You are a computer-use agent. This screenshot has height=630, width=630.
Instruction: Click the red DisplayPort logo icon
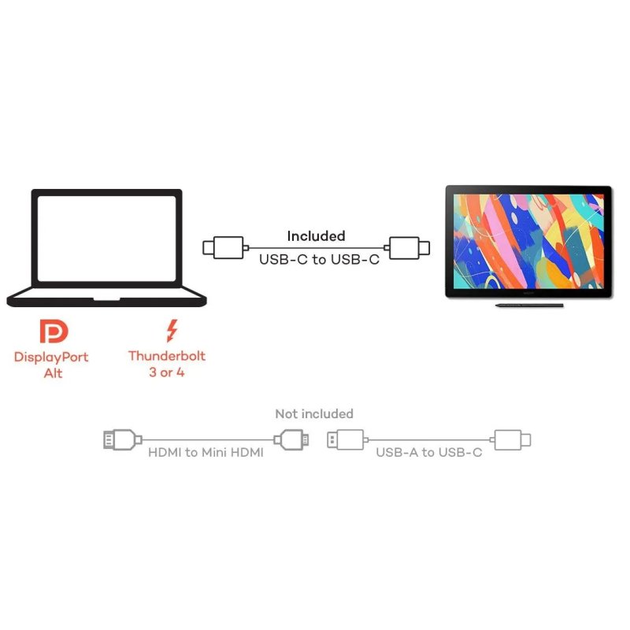(54, 332)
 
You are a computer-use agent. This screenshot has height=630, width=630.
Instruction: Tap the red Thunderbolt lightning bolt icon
(172, 331)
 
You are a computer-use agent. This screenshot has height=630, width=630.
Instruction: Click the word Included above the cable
(317, 235)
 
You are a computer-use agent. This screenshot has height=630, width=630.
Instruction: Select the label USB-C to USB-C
(320, 260)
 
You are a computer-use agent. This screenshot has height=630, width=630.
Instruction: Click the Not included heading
(314, 413)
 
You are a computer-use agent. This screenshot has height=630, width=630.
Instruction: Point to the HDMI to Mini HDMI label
(206, 452)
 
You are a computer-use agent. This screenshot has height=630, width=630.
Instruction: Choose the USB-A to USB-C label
(428, 452)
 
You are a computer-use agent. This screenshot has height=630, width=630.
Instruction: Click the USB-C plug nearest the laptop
(226, 248)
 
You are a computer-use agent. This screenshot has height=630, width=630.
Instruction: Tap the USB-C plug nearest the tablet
(407, 248)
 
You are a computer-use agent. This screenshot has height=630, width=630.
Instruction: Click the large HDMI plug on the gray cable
(123, 440)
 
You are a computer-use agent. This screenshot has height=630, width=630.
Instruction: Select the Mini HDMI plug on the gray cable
(291, 440)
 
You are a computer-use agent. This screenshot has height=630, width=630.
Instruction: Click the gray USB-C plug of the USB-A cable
(510, 440)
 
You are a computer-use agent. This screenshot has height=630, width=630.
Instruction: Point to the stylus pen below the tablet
(529, 306)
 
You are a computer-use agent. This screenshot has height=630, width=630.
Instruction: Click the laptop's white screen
(106, 239)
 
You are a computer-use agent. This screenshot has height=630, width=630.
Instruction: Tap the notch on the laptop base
(106, 299)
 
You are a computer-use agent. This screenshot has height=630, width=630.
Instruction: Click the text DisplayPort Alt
(51, 365)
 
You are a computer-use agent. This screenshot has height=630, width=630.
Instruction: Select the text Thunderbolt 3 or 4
(167, 364)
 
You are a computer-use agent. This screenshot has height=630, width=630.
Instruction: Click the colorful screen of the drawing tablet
(528, 241)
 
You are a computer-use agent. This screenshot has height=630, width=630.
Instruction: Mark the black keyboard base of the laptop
(106, 297)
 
